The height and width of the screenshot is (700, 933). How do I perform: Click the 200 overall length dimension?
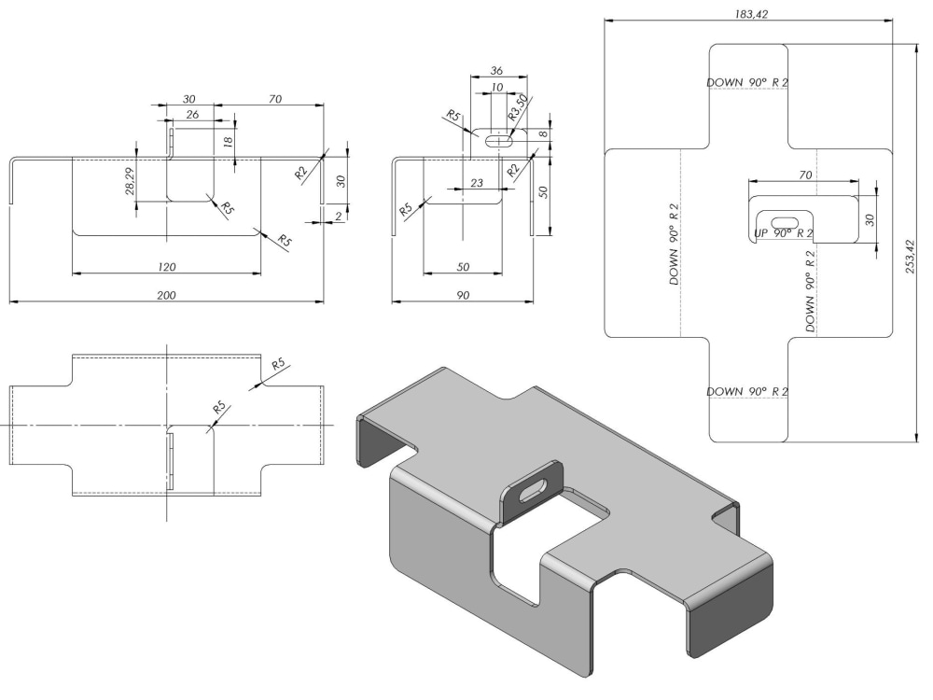click(166, 294)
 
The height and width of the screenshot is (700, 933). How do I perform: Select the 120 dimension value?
click(166, 267)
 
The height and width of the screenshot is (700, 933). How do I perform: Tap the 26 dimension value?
click(192, 115)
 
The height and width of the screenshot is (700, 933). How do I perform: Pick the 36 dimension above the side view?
click(496, 71)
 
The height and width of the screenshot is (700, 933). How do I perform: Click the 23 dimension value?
click(477, 183)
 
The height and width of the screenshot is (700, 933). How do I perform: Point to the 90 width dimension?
click(462, 294)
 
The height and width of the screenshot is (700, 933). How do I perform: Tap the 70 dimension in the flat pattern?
click(803, 175)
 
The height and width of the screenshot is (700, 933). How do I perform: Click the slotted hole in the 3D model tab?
click(530, 493)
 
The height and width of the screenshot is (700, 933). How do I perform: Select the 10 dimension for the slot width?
click(496, 88)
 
